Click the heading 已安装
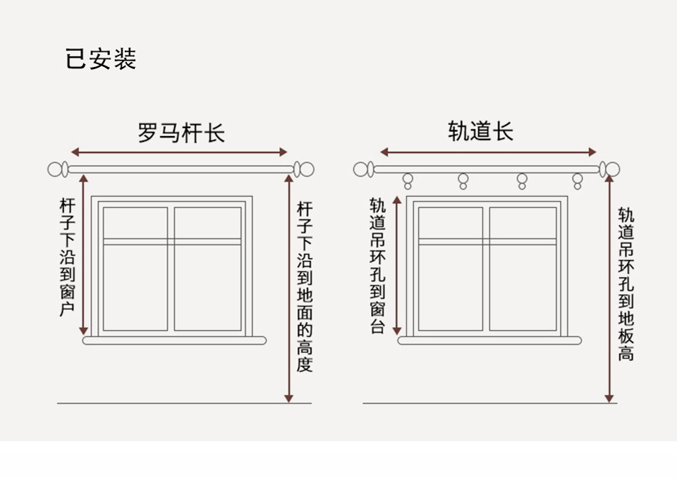[x=101, y=59]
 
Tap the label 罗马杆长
[x=181, y=133]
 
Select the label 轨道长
[x=480, y=131]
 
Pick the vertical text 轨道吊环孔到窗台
[x=378, y=266]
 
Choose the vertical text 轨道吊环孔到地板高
[x=626, y=284]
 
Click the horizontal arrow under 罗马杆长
[x=179, y=152]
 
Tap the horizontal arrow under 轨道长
[x=489, y=152]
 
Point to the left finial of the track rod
[x=363, y=169]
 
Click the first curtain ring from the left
[x=407, y=181]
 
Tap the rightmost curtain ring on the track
[x=578, y=181]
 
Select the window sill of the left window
[x=173, y=341]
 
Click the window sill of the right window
[x=489, y=341]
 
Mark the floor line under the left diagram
[x=173, y=403]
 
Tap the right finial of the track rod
[x=611, y=169]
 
